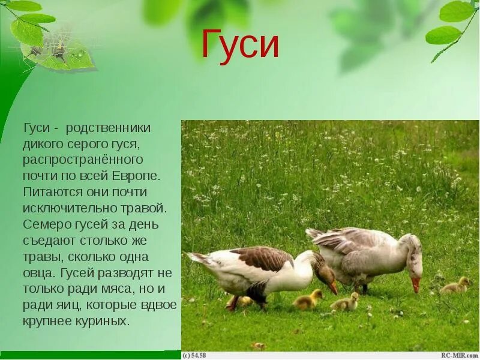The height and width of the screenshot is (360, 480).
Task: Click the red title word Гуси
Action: click(240, 45)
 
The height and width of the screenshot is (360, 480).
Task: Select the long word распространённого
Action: click(83, 161)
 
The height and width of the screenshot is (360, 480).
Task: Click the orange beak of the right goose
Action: click(415, 284)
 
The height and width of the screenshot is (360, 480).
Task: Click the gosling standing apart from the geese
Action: click(455, 286)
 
